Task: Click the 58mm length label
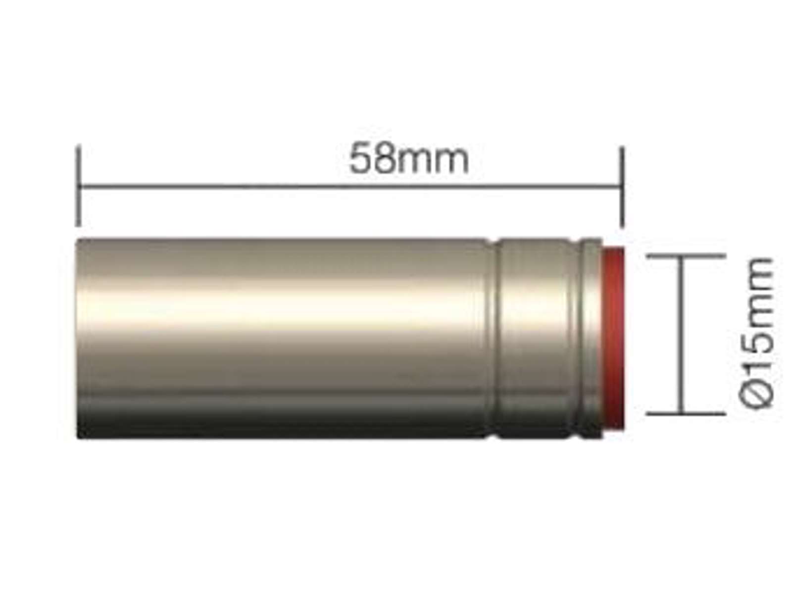pos(409,159)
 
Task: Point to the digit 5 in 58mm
pos(362,159)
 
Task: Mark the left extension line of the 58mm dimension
pos(78,185)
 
